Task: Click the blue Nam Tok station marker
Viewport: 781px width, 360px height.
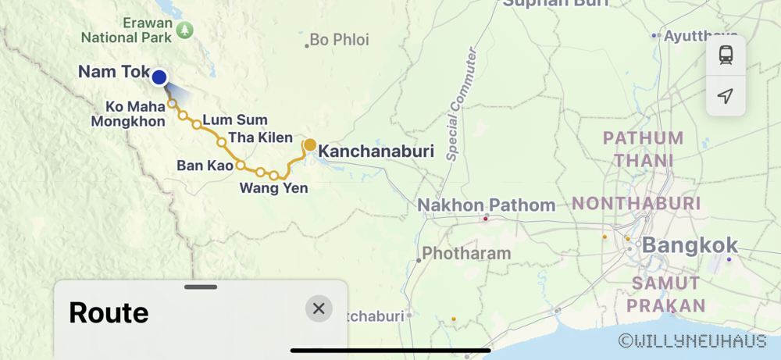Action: (x=159, y=77)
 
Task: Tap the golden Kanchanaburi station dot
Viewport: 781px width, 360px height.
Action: (x=310, y=144)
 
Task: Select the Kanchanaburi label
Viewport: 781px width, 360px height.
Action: (x=376, y=151)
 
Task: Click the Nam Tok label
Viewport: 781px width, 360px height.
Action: (x=113, y=73)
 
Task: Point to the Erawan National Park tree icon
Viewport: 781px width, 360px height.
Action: (x=184, y=30)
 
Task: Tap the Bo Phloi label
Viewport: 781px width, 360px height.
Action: (x=339, y=40)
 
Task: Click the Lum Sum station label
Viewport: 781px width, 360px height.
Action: (x=235, y=120)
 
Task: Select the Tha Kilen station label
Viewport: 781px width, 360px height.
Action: (x=260, y=138)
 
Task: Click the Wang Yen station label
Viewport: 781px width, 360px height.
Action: (x=273, y=187)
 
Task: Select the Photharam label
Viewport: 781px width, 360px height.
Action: (x=466, y=254)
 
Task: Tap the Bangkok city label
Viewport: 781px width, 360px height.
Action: (x=690, y=245)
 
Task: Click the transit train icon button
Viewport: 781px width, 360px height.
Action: (x=726, y=55)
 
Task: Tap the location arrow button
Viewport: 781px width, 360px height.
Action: (x=726, y=95)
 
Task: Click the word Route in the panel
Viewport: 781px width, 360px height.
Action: (x=109, y=312)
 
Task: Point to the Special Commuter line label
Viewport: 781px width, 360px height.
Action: (x=462, y=103)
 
